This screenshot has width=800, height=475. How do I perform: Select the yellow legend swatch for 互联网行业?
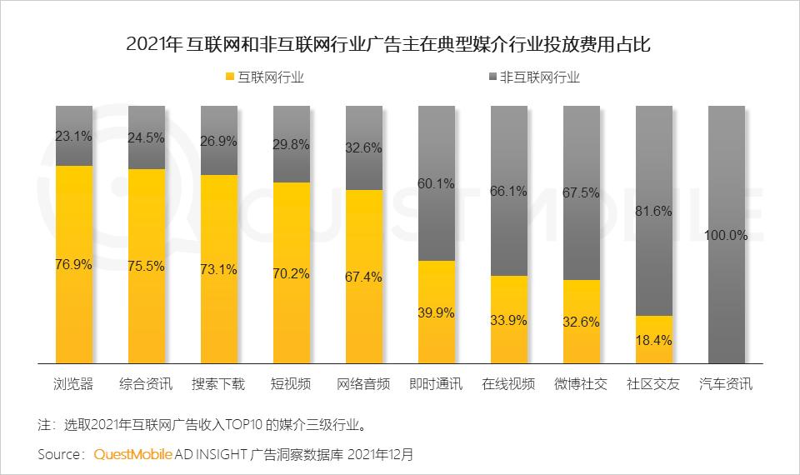231,77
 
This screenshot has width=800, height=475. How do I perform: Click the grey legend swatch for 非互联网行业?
491,77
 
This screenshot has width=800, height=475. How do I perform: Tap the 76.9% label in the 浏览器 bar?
73,264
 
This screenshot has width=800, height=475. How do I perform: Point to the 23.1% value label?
73,135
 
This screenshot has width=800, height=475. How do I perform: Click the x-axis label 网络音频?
364,384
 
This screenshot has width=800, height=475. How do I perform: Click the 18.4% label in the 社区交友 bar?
654,340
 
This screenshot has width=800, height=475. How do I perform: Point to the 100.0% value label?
726,235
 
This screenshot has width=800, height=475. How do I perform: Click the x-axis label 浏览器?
73,384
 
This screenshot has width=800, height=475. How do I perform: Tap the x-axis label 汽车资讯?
726,384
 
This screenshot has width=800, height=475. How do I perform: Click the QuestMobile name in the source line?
133,455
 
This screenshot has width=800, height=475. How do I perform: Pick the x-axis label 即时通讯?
437,384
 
